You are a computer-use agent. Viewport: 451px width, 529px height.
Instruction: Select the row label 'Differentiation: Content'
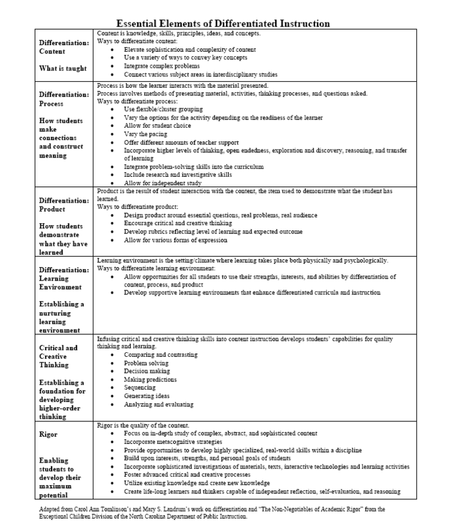[64, 46]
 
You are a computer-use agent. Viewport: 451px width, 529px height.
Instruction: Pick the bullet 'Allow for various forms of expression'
[175, 240]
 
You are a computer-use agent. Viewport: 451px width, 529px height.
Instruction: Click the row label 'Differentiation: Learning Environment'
[64, 279]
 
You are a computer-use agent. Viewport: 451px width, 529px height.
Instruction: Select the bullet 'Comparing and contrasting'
[161, 355]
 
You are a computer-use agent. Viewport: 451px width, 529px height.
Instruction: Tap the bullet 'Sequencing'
[140, 388]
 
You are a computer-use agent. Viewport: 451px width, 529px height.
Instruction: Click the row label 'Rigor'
[48, 434]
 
